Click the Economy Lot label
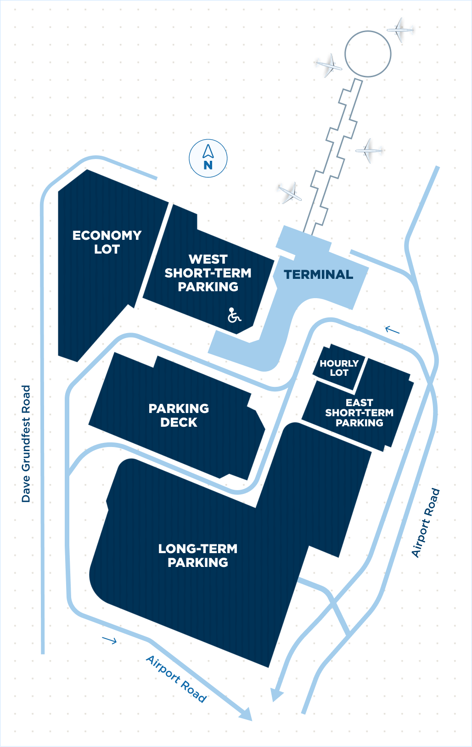point(107,242)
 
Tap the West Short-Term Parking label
point(208,273)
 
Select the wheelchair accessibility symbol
point(234,315)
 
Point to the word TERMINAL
point(318,274)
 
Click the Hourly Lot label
point(339,368)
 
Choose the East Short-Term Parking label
point(360,413)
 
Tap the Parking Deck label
point(179,415)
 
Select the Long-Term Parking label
point(198,555)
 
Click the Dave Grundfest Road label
point(26,444)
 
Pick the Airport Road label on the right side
point(426,522)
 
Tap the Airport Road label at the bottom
point(176,679)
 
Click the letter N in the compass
point(208,165)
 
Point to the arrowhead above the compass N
point(208,151)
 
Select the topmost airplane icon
point(400,30)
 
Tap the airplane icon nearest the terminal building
point(290,193)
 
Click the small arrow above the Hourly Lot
point(392,330)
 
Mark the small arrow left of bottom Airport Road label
point(109,640)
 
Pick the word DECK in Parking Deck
point(179,423)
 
